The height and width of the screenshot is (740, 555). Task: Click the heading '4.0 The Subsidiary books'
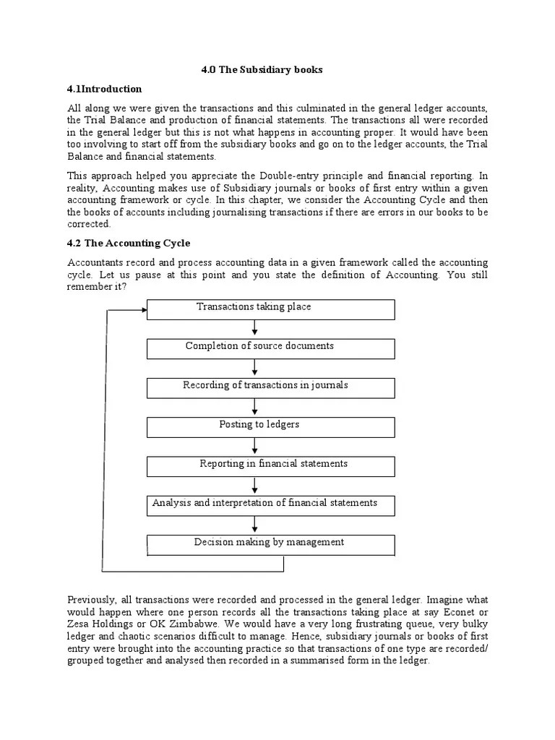261,70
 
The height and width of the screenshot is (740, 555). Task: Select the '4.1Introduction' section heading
104,89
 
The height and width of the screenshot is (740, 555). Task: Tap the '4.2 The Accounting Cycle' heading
129,243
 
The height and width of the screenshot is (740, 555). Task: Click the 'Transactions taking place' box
270,309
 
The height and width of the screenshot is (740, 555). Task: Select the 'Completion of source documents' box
270,348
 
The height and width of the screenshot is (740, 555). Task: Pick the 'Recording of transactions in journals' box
270,387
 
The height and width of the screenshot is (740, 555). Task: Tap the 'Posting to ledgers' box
270,426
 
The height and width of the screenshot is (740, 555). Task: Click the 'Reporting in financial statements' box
270,466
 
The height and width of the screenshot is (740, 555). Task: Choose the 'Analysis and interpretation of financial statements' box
270,505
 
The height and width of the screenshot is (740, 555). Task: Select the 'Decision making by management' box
270,544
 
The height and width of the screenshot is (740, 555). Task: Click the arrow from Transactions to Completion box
255,329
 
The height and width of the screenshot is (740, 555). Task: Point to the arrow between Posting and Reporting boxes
255,447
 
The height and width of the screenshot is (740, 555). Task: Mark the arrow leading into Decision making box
255,525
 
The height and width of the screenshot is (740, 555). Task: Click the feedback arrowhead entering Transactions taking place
141,309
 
